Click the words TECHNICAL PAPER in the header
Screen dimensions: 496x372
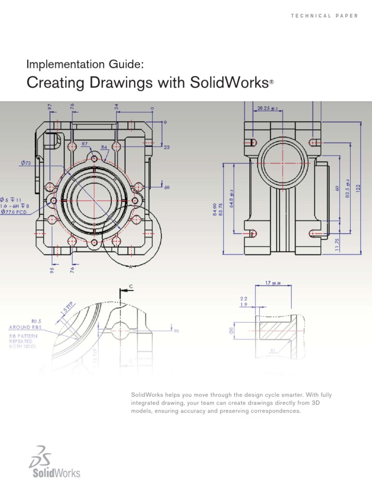(x=325, y=16)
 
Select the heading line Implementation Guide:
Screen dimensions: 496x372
(x=85, y=64)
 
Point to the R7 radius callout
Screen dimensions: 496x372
(x=84, y=144)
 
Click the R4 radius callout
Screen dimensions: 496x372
(x=104, y=147)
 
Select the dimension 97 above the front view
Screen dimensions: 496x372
(x=49, y=107)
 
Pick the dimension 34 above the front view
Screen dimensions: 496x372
(x=116, y=107)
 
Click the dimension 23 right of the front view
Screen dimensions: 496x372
(x=167, y=148)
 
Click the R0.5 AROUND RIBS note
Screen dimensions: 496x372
(x=26, y=324)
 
